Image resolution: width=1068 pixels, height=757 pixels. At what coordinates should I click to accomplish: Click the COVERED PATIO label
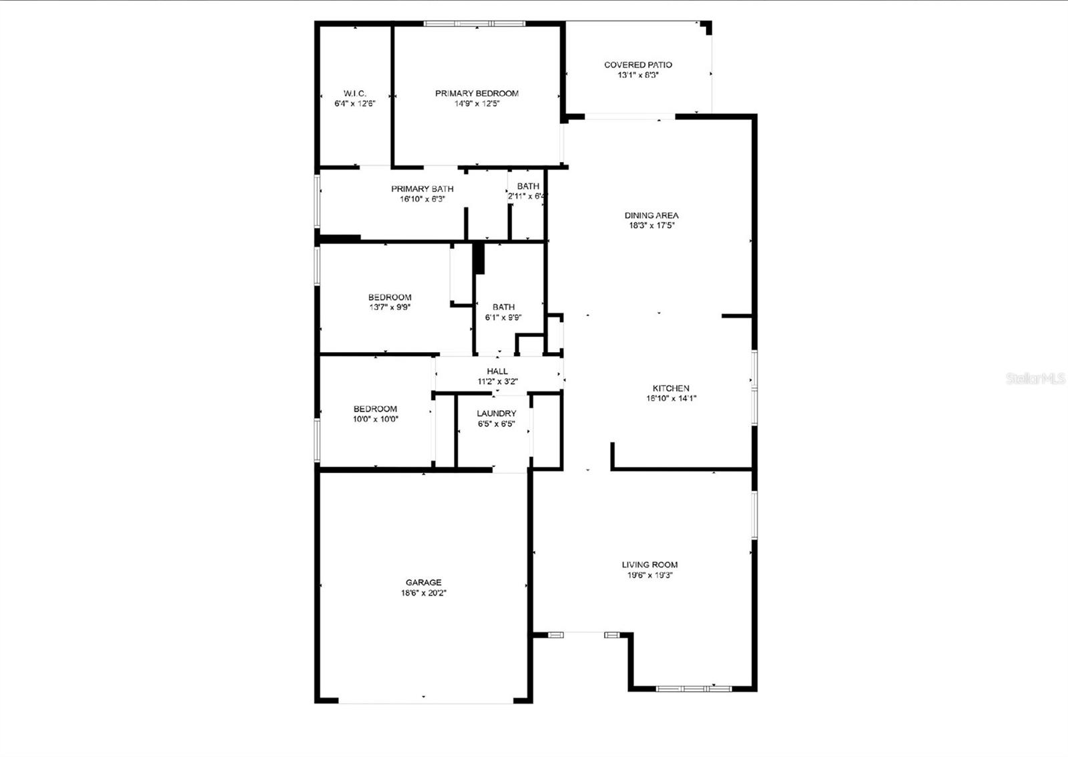tap(637, 65)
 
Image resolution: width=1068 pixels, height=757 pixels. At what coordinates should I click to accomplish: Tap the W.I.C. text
tap(354, 93)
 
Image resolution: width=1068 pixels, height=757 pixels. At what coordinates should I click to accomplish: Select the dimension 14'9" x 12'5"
tap(477, 103)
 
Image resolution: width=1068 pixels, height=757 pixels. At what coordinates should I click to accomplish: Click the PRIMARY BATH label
tap(422, 189)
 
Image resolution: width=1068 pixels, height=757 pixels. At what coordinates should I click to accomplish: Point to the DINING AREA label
tap(651, 215)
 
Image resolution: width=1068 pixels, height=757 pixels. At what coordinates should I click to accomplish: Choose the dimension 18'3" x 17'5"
tap(651, 225)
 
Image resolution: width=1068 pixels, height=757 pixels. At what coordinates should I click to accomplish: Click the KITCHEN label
tap(671, 388)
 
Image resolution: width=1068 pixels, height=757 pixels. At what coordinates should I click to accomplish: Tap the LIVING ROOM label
tap(649, 564)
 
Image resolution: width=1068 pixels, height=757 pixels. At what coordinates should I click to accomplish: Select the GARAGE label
tap(423, 582)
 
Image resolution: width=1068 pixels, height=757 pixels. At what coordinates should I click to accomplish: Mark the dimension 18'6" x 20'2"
tap(423, 592)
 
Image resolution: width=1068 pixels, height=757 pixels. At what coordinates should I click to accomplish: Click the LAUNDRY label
tap(496, 414)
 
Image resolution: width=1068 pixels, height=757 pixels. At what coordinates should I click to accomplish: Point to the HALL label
tap(497, 371)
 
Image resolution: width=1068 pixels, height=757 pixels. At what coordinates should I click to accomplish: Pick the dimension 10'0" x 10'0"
tap(375, 419)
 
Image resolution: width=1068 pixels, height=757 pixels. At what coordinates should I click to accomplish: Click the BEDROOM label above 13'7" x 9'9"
tap(390, 297)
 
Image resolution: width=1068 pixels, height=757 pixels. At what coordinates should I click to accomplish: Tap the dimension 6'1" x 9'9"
tap(503, 317)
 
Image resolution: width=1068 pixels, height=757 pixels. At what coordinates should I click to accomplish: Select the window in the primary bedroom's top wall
tap(475, 23)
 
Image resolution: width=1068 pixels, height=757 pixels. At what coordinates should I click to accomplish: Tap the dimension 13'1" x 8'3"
tap(637, 75)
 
